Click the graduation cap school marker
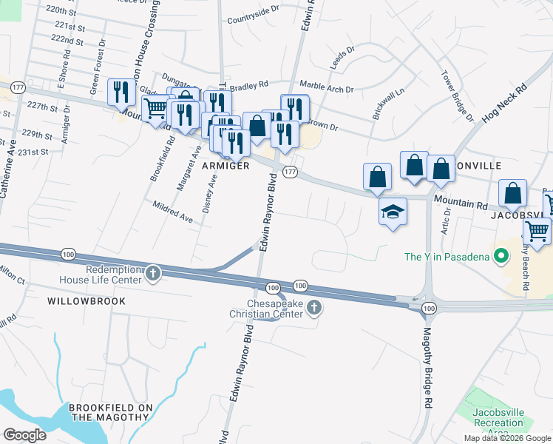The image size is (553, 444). point(393,212)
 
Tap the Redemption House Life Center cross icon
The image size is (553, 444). point(153,273)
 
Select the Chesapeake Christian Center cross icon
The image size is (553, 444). point(314,307)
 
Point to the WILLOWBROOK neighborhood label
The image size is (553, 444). point(86,301)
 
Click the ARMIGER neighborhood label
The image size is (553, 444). point(225,166)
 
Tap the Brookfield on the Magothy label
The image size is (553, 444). point(110,413)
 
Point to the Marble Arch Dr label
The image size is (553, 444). point(326,87)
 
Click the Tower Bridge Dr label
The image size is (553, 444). point(457,96)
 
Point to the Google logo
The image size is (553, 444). point(24,435)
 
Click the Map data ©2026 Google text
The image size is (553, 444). point(506,438)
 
